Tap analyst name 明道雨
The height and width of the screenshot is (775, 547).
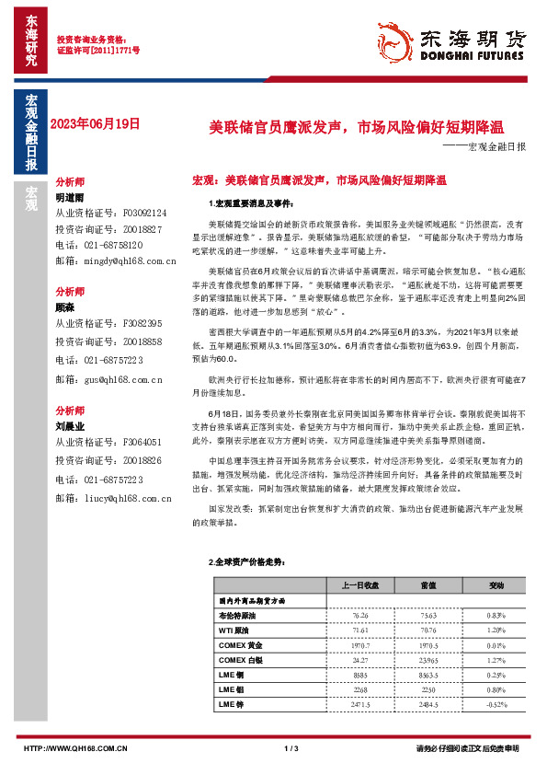[x=70, y=198]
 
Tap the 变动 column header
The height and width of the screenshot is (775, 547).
[x=496, y=584]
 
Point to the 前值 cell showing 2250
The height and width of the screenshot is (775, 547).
[x=428, y=688]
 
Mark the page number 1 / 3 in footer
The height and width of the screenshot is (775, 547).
[x=291, y=747]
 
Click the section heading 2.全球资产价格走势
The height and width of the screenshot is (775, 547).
[x=242, y=561]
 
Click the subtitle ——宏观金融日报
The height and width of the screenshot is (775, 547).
[x=484, y=146]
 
